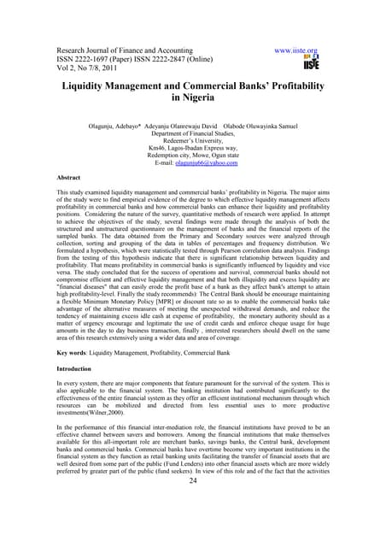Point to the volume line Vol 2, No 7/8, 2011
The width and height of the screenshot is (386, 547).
(84, 71)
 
